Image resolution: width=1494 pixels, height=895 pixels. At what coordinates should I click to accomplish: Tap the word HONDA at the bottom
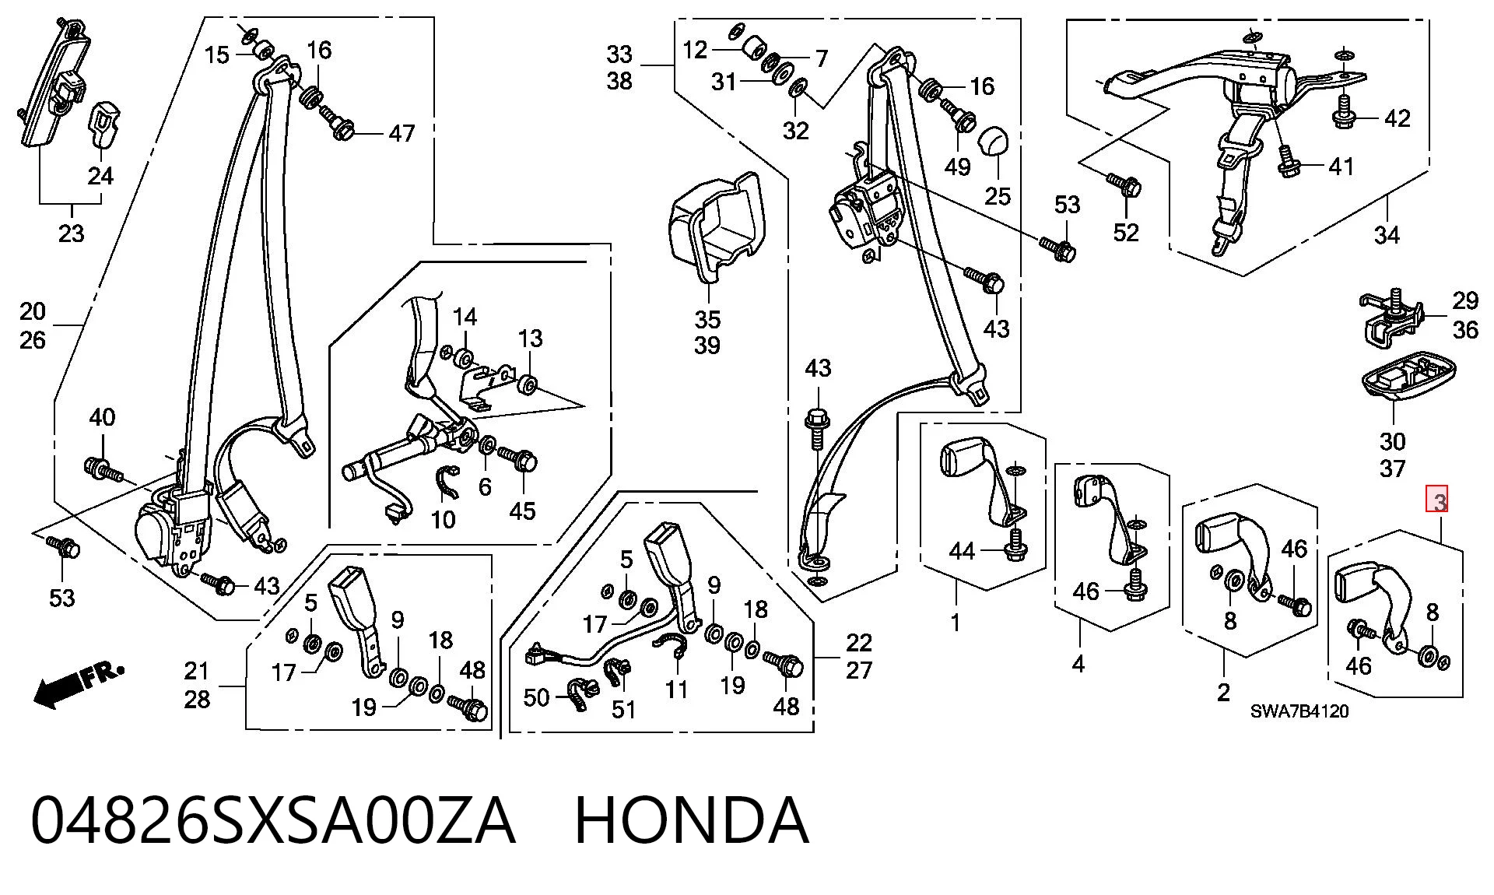(692, 820)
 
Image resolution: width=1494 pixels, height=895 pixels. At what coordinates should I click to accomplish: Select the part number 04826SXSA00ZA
(273, 820)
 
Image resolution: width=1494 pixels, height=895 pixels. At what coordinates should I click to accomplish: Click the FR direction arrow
(78, 684)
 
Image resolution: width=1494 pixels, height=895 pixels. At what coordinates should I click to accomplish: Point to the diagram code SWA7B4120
(1299, 711)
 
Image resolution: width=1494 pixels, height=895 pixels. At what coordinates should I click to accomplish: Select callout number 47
(402, 133)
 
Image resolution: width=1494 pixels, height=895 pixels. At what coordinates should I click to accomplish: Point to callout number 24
(100, 176)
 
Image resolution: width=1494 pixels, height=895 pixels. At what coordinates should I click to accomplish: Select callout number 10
(444, 519)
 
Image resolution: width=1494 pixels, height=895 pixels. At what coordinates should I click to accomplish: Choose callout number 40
(102, 417)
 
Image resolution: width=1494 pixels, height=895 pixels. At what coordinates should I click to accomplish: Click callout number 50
(537, 697)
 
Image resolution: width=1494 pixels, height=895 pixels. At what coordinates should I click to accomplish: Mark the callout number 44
(963, 551)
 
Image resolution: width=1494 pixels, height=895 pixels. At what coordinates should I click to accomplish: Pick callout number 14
(465, 317)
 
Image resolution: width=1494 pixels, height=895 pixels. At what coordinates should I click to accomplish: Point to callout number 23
(71, 233)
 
